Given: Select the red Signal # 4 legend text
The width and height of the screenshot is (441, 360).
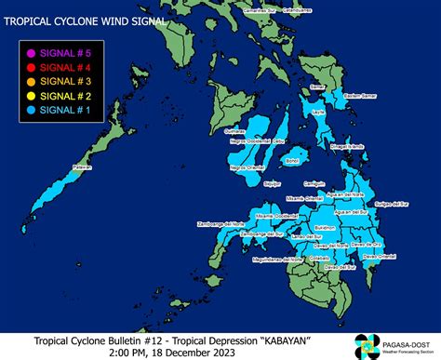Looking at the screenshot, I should pyautogui.click(x=72, y=67).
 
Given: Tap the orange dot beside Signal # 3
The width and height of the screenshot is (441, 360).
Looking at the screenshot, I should pyautogui.click(x=33, y=81).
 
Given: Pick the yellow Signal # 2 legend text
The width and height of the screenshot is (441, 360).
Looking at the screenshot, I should pyautogui.click(x=72, y=94).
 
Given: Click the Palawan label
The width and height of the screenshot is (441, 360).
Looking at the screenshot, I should pyautogui.click(x=82, y=169).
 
